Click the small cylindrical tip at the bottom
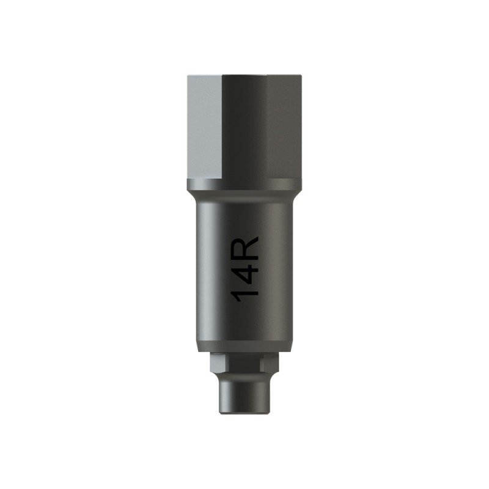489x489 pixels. tap(244, 394)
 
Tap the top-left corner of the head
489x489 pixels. tap(188, 78)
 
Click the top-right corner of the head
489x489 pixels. tap(300, 78)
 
